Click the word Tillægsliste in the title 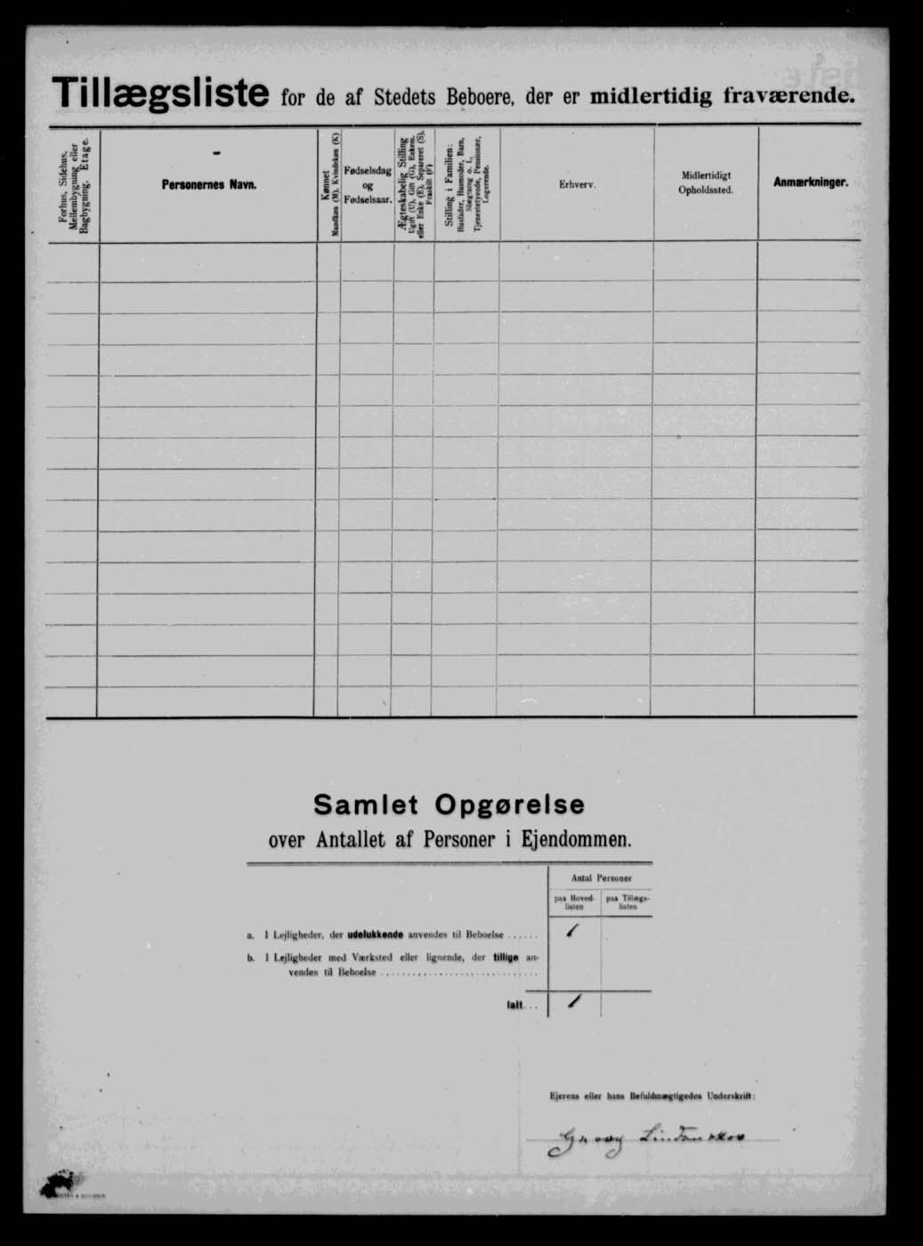point(160,93)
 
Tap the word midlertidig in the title point(640,95)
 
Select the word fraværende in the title point(789,95)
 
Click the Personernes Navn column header point(209,184)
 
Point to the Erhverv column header point(577,184)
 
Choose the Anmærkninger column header point(810,182)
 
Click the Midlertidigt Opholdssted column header point(706,183)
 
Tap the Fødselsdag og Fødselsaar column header point(368,184)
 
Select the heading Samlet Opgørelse point(449,805)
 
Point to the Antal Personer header point(601,878)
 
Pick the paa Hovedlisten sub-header point(574,902)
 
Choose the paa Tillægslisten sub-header point(627,902)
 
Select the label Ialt point(515,1006)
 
